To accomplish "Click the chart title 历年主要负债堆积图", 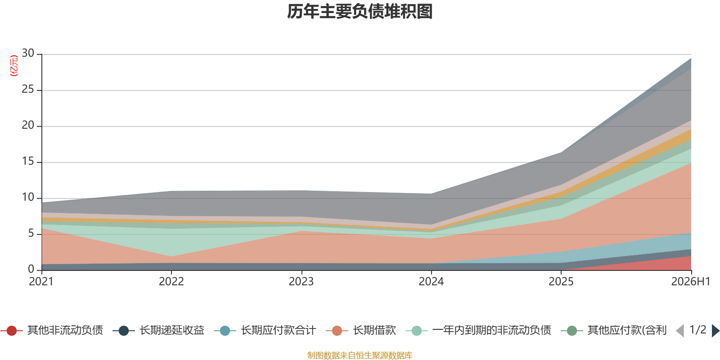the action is click(x=360, y=12).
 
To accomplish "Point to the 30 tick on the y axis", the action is click(x=28, y=53).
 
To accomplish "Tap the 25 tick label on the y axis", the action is click(x=28, y=89).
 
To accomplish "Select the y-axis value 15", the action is click(x=28, y=161).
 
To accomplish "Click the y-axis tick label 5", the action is click(x=31, y=233).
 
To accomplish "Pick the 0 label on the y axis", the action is click(x=31, y=269).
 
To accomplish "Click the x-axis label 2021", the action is click(x=41, y=282).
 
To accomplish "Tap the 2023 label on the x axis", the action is click(x=301, y=282).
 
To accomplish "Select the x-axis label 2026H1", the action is click(x=691, y=282).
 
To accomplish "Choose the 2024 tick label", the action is click(x=431, y=282).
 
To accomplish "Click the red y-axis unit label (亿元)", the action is click(x=14, y=66).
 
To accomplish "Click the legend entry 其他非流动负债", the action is click(x=52, y=330).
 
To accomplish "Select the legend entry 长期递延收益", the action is click(x=158, y=330).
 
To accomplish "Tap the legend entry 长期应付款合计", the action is click(x=265, y=330).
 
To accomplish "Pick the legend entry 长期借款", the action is click(x=360, y=330).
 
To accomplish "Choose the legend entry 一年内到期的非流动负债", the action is click(x=478, y=330).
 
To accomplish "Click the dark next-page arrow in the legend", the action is click(x=715, y=330).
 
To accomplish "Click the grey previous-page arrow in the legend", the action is click(x=680, y=330).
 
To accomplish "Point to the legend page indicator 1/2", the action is click(x=698, y=330).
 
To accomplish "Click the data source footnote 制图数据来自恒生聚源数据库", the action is click(x=360, y=355).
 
